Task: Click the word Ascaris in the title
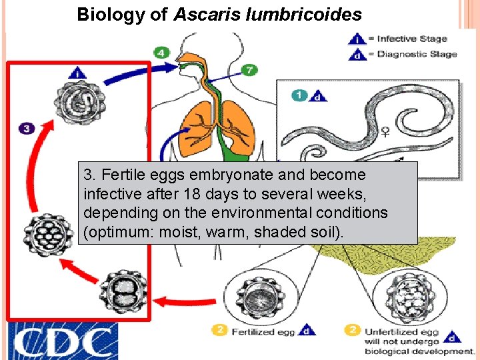(203, 14)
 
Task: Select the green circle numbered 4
(161, 51)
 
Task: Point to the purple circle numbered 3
(26, 128)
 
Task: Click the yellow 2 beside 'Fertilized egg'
(221, 329)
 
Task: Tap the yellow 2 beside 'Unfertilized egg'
(354, 329)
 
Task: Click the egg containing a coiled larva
(79, 103)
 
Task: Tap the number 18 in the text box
(176, 194)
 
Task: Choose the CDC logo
(63, 341)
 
